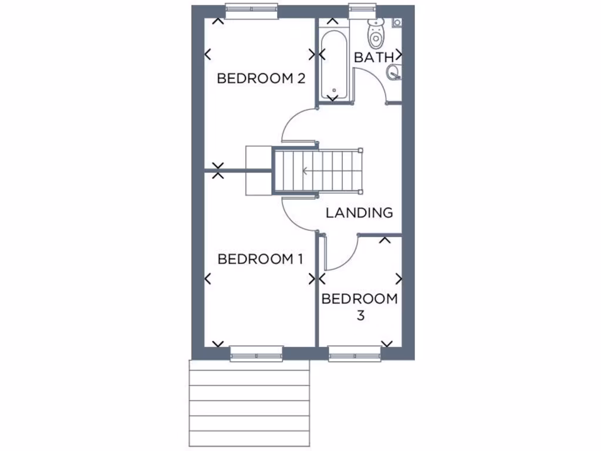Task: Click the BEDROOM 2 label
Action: tap(261, 78)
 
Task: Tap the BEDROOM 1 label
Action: tap(260, 259)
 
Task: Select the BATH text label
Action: tap(374, 58)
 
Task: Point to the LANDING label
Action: tap(359, 213)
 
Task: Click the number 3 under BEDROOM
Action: tap(360, 315)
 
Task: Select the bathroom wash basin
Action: tap(393, 72)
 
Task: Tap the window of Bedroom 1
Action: tap(256, 354)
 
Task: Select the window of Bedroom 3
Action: tap(354, 354)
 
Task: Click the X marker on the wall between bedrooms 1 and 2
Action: tap(218, 171)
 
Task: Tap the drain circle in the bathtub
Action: tap(333, 91)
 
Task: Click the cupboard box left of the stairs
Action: tap(256, 170)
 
